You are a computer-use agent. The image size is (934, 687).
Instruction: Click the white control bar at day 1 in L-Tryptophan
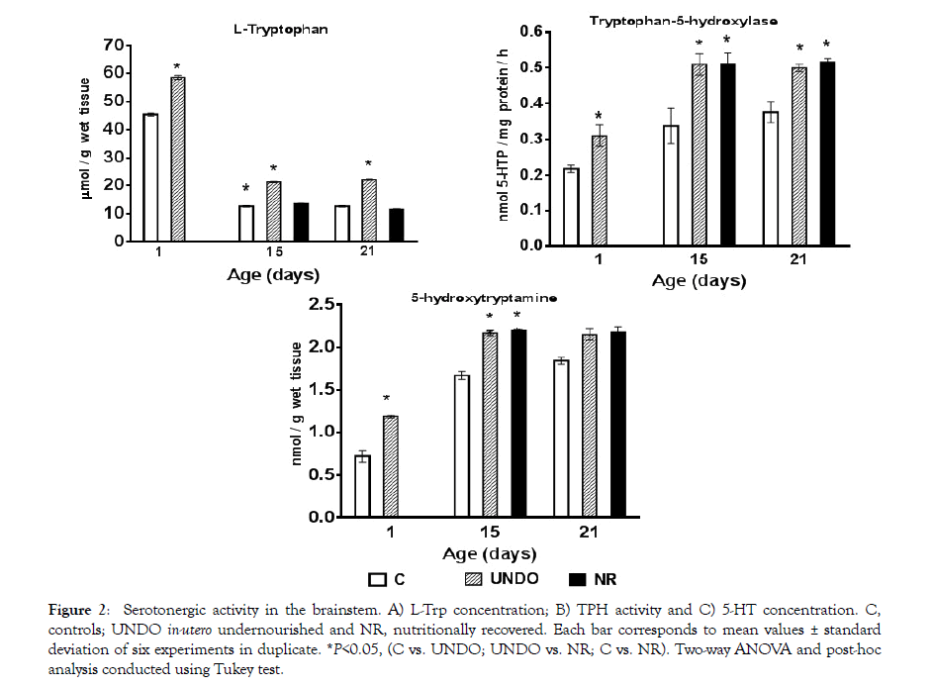pos(150,177)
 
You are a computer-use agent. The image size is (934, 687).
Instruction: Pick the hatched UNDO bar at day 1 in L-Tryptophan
pos(178,158)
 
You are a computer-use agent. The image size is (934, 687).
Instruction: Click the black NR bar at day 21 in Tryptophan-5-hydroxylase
pos(827,152)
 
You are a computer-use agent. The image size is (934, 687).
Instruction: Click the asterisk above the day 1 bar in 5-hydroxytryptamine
pos(390,400)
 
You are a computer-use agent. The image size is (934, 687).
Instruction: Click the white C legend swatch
pos(375,578)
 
